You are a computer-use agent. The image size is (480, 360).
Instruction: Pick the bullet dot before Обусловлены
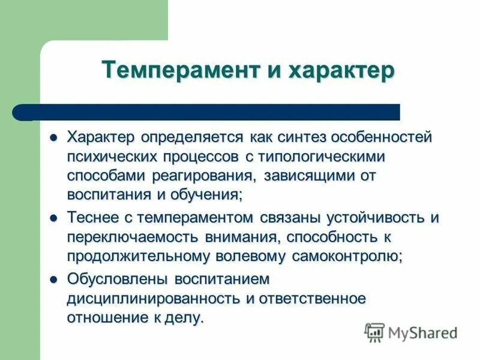coord(53,279)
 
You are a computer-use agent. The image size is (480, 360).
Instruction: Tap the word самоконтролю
coord(347,256)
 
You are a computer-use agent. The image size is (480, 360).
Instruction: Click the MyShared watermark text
coord(423,331)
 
